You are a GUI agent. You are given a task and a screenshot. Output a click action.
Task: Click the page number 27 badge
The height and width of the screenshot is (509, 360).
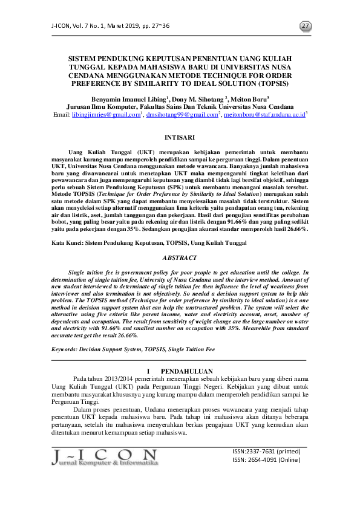[306, 26]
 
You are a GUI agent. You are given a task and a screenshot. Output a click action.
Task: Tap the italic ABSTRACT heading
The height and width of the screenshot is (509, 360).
[180, 257]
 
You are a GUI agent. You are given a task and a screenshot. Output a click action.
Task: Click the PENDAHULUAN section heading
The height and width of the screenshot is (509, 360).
[188, 371]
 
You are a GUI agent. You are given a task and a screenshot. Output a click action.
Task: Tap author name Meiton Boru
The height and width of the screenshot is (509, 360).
[249, 98]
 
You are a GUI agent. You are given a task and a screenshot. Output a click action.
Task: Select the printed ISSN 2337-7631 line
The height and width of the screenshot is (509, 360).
[266, 451]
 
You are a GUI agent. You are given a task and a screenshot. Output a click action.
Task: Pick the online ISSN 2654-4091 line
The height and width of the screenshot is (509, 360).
[266, 459]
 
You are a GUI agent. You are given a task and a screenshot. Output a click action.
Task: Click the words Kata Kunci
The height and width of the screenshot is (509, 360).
[66, 242]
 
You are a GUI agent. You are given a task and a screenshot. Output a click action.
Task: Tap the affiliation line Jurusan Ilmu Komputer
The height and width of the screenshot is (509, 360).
[180, 106]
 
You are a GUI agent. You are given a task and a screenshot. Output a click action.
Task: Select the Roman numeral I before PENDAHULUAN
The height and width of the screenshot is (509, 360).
[149, 371]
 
